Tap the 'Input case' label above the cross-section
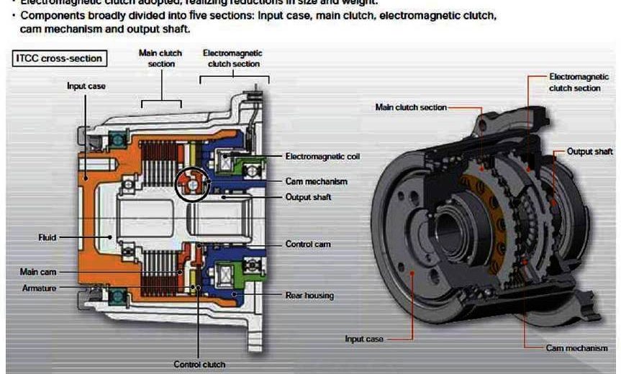(x=86, y=86)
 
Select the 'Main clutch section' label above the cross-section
(x=160, y=58)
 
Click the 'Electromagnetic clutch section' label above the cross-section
(x=232, y=58)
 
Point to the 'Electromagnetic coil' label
(x=322, y=155)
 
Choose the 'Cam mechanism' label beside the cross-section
(x=316, y=181)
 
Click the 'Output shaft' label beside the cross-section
(x=309, y=197)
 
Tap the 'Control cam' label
(x=308, y=245)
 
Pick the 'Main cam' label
(x=38, y=272)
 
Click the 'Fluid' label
(x=47, y=237)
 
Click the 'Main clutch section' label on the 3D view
(x=411, y=107)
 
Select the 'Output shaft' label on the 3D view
(x=589, y=152)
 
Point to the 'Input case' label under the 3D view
(x=364, y=338)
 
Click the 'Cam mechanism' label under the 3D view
(x=576, y=348)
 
